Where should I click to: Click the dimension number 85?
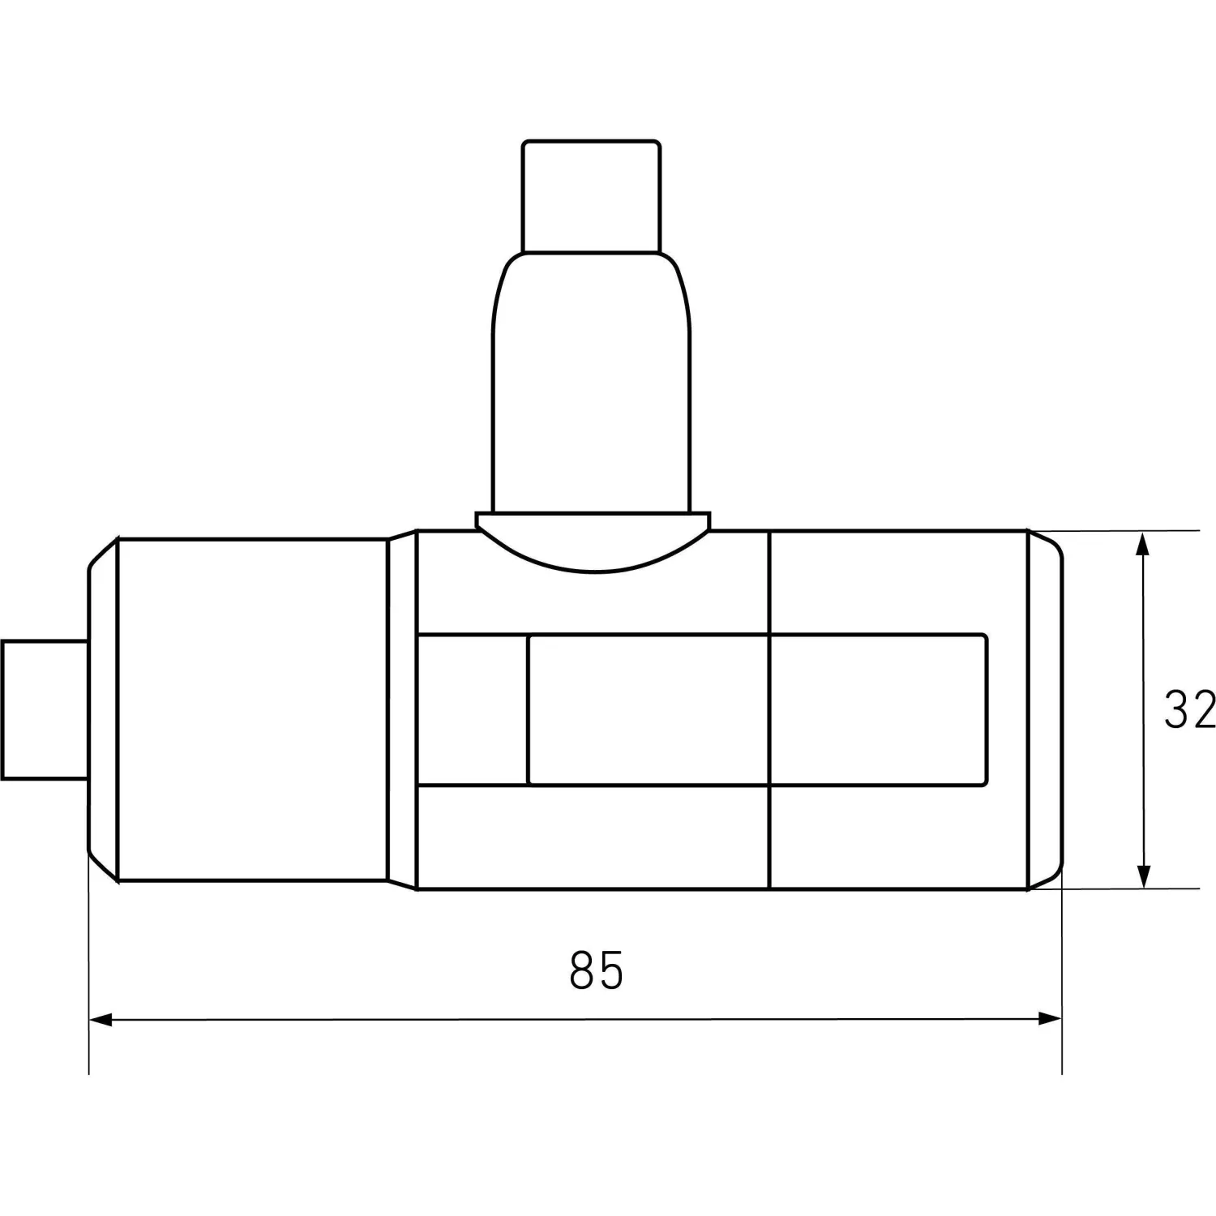pyautogui.click(x=597, y=970)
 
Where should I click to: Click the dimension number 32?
pyautogui.click(x=1190, y=709)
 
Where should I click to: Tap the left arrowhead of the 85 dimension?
pyautogui.click(x=100, y=1019)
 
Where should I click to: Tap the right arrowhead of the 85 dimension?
pyautogui.click(x=1051, y=1019)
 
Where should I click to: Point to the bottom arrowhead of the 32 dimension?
pyautogui.click(x=1143, y=877)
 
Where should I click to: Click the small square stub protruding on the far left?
pyautogui.click(x=45, y=709)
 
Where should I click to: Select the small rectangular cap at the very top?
pyautogui.click(x=591, y=196)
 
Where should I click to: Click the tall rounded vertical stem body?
pyautogui.click(x=592, y=382)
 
